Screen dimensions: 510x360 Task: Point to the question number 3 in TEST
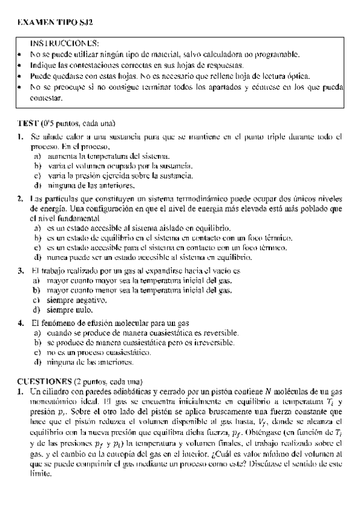pos(20,271)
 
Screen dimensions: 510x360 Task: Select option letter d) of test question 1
pos(37,185)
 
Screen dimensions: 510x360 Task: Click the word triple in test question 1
pos(278,137)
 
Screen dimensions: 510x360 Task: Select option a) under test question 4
pos(37,333)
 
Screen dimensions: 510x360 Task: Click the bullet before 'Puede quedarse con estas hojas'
pos(20,76)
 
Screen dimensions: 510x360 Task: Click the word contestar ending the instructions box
pos(46,97)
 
